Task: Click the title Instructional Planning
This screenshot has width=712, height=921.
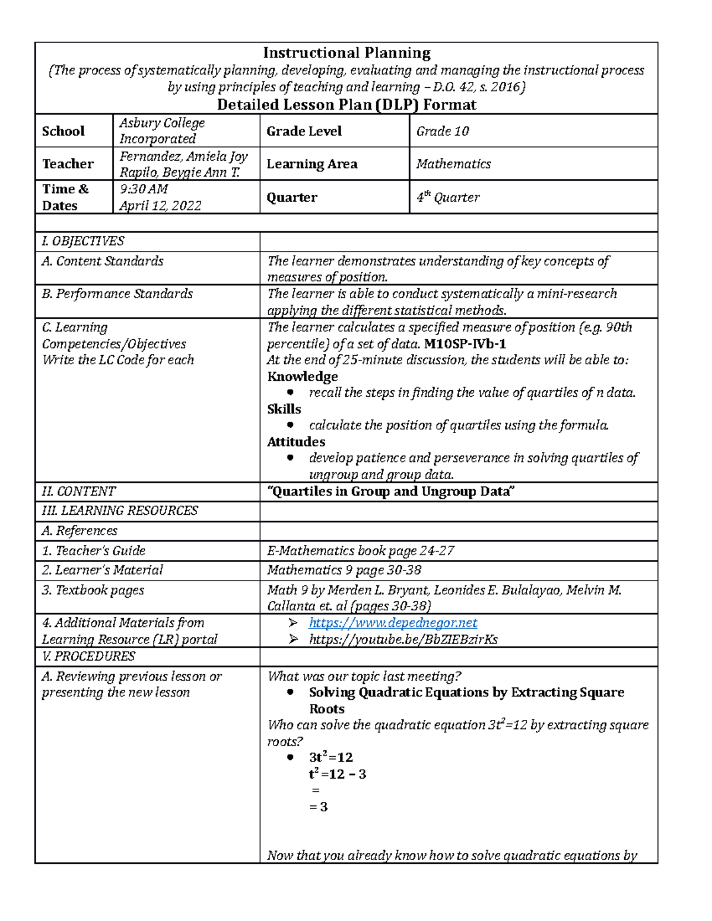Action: (x=347, y=53)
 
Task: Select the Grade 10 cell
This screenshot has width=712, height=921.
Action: (x=443, y=131)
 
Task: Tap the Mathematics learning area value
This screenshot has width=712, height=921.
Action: (x=453, y=164)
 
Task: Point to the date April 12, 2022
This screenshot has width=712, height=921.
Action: (x=160, y=206)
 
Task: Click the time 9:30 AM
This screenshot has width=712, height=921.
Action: (x=144, y=189)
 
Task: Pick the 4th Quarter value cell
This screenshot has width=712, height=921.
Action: (x=448, y=197)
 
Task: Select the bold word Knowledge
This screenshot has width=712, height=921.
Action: (x=303, y=377)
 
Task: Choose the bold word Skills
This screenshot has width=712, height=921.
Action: (x=284, y=409)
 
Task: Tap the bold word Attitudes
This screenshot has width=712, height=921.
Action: (x=296, y=442)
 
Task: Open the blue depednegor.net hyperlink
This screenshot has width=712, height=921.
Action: (x=393, y=623)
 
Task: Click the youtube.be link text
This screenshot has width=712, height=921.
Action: (x=403, y=639)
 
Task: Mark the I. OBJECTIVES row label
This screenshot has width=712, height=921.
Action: (x=83, y=241)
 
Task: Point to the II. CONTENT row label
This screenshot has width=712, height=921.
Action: (x=79, y=492)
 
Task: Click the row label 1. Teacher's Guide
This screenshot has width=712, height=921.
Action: (x=94, y=551)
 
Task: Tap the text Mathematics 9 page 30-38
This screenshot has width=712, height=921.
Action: (x=344, y=571)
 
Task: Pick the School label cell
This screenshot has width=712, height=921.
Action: (x=63, y=131)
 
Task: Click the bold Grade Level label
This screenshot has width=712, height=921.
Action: (x=304, y=131)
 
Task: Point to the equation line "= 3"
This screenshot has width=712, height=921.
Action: (x=319, y=807)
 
